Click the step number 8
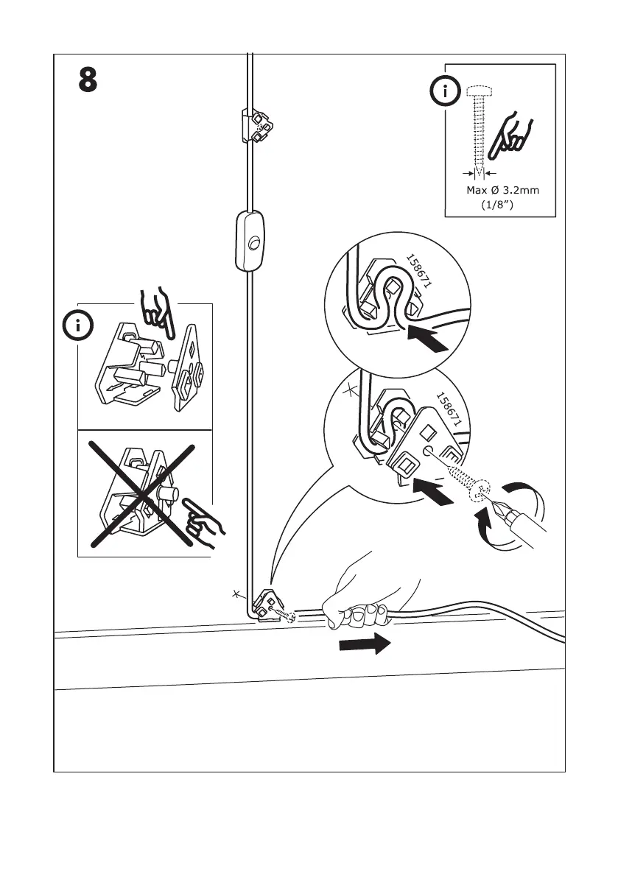[88, 80]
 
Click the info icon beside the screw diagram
[444, 93]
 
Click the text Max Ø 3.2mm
[502, 191]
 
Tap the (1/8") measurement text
[496, 206]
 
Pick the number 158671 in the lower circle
[449, 409]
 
